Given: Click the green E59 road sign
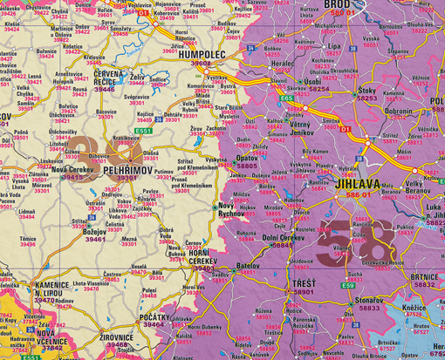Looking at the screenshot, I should point(347,283).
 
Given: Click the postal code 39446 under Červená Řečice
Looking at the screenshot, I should point(105,89).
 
